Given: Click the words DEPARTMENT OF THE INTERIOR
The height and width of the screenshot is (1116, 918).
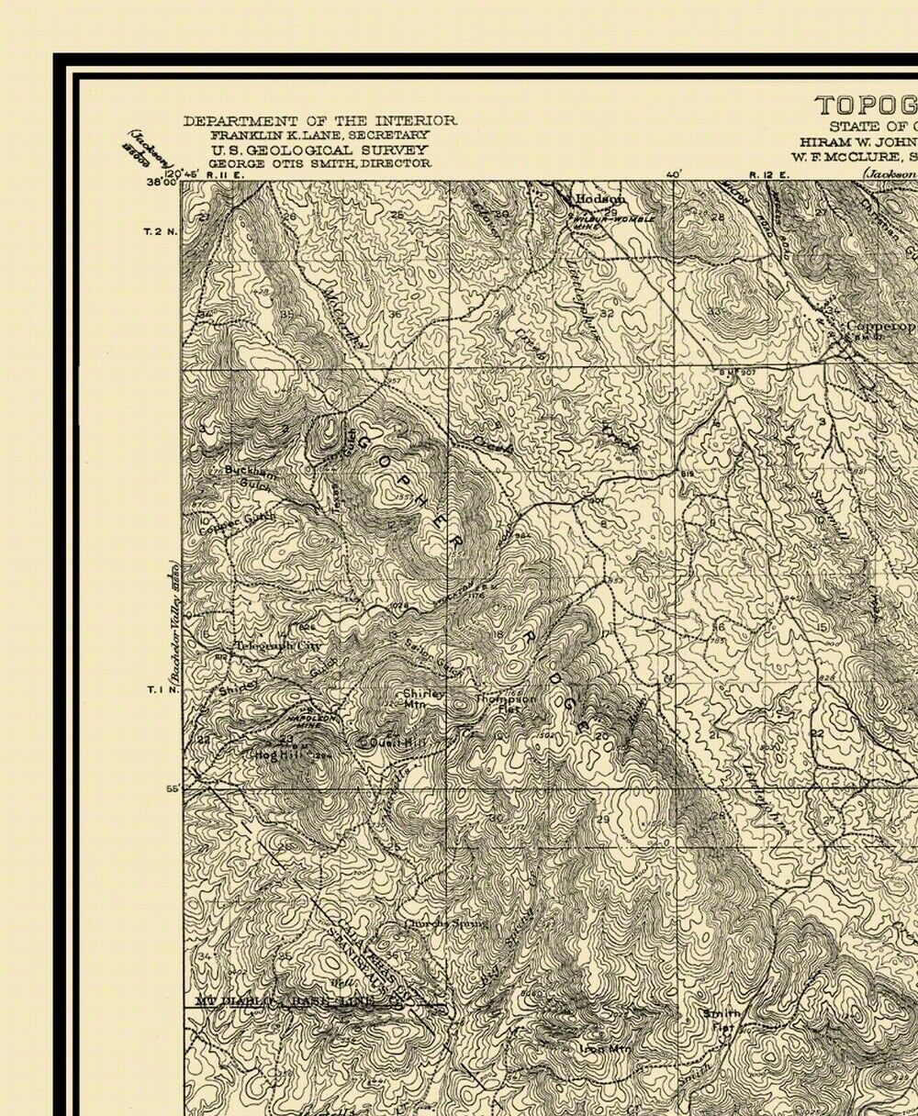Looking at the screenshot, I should [x=319, y=121].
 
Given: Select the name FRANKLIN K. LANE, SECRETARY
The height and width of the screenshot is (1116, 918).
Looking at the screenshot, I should [x=319, y=135].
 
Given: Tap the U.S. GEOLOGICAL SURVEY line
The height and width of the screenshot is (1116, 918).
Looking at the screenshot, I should [x=319, y=149].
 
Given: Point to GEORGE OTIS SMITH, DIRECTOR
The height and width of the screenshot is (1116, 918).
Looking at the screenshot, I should [x=319, y=162].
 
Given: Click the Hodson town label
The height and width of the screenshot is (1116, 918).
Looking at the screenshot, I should [x=600, y=198].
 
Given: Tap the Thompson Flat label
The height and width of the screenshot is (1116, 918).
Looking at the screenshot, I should [x=504, y=702].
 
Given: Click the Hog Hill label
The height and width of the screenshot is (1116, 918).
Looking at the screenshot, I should [x=270, y=754].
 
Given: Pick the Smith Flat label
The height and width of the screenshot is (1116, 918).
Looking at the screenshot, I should [x=721, y=1020].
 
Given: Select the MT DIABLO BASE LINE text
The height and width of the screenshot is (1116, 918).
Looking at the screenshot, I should [x=286, y=1001].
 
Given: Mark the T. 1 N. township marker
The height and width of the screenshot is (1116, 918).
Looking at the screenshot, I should [x=159, y=689].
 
